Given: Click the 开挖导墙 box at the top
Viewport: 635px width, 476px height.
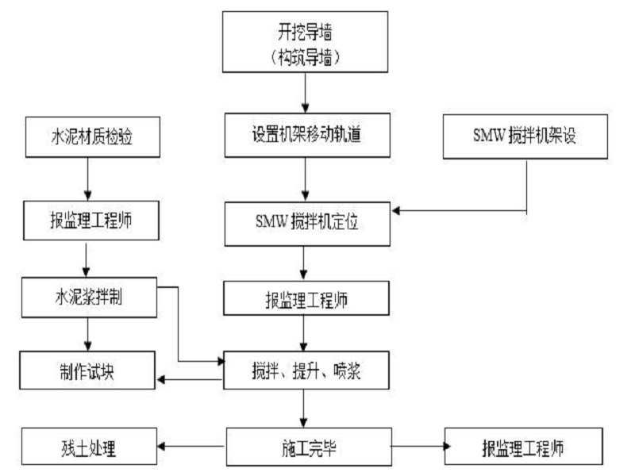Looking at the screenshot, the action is (305, 42).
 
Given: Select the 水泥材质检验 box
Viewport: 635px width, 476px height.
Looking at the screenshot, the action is (93, 136).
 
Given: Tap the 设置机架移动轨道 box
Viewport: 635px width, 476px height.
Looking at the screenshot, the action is (307, 135).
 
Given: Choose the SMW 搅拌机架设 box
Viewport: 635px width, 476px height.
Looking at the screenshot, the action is (525, 136).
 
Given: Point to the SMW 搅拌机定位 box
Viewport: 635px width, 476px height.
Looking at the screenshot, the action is (307, 224).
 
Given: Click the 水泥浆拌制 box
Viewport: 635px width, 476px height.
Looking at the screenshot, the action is (89, 297).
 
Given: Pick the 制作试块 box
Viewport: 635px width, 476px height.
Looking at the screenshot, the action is (87, 370).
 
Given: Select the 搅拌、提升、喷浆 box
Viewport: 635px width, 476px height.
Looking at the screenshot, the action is (306, 370).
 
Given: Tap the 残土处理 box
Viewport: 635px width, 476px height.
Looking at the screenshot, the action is (89, 446).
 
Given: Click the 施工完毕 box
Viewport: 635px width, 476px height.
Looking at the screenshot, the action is (309, 447).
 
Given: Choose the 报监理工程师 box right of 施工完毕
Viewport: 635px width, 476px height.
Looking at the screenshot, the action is (524, 446).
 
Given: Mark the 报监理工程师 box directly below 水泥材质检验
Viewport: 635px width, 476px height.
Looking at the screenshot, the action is (91, 221).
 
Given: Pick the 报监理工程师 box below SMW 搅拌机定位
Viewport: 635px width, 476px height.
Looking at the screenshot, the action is (306, 298).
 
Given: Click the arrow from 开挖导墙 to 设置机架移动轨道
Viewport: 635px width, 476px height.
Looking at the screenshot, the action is (306, 93).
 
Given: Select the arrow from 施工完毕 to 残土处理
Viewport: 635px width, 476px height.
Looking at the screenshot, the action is (191, 446).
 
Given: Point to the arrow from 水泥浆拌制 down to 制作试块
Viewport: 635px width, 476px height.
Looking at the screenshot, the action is (88, 334).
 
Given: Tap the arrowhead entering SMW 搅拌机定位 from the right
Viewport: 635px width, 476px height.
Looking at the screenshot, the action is (395, 210).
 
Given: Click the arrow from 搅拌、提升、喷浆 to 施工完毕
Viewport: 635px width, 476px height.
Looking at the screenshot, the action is (303, 409).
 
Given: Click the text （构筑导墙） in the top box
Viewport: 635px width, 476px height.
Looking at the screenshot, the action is (305, 57).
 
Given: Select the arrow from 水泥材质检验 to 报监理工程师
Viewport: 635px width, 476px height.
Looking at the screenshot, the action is (88, 179).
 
